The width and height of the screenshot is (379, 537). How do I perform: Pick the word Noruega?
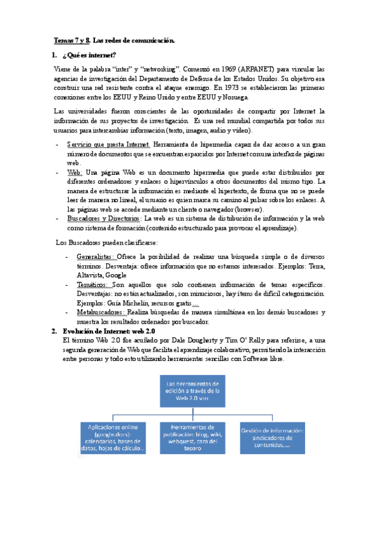(235, 98)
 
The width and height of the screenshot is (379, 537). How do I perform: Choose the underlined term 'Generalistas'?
(96, 257)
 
